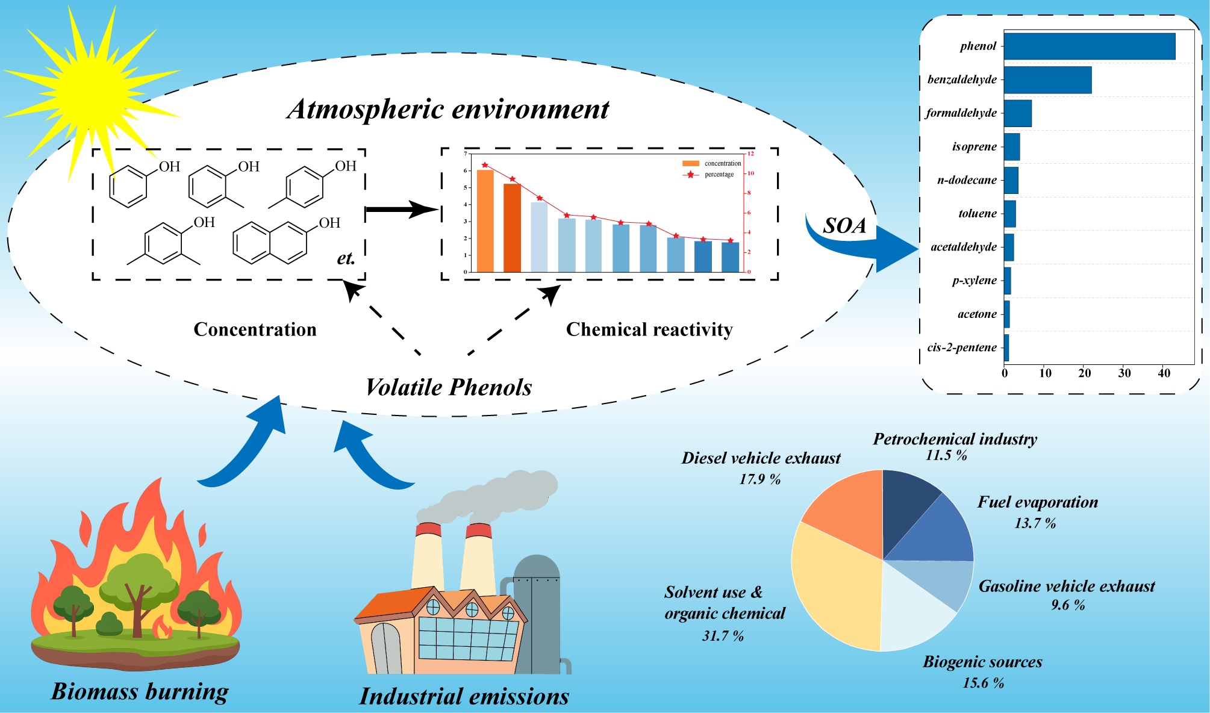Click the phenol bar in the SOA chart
tap(1089, 46)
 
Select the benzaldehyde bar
tap(1047, 80)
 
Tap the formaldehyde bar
tap(1017, 113)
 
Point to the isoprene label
tap(974, 147)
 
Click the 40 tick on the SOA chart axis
tap(1164, 373)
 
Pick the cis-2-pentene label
tap(962, 347)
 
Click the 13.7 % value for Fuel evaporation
tap(1035, 523)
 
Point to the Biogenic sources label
tap(982, 662)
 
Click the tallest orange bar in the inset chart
tap(485, 220)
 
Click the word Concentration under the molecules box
tap(255, 329)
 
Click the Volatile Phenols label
tap(449, 387)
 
